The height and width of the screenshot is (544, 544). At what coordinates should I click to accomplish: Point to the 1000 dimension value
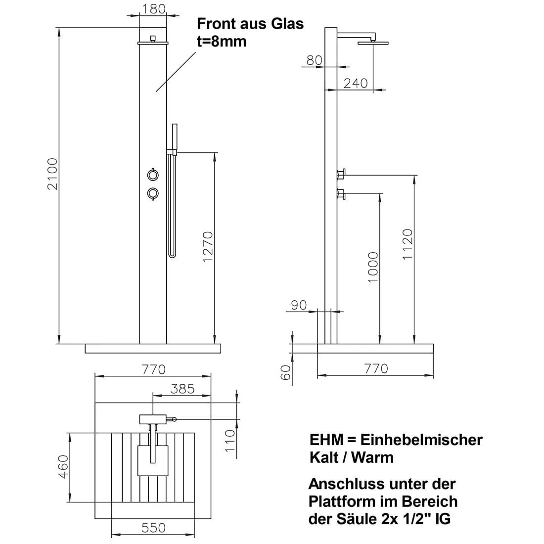click(x=373, y=268)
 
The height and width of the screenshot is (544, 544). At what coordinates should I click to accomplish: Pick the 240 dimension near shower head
click(x=356, y=83)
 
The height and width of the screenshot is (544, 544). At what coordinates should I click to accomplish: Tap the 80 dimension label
click(x=314, y=60)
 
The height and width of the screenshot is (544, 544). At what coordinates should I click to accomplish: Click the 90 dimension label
click(x=299, y=305)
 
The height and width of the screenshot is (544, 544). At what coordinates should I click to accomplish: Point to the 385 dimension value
click(x=182, y=389)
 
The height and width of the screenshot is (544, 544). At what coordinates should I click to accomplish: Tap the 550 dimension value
click(x=153, y=528)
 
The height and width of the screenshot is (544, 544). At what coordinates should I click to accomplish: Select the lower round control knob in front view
click(x=153, y=193)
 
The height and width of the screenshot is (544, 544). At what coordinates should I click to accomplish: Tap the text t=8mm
click(x=221, y=41)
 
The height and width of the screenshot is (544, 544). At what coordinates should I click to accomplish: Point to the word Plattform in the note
click(x=341, y=501)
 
